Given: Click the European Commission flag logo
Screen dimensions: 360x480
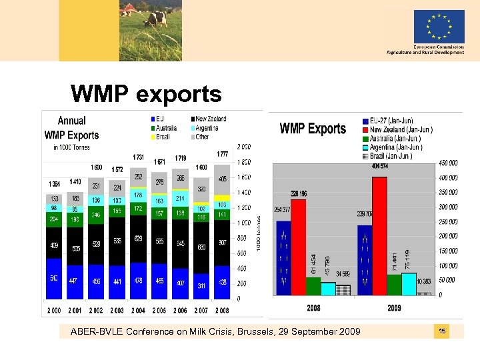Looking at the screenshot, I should (x=438, y=27).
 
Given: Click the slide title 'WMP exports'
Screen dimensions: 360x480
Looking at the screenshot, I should (x=146, y=94).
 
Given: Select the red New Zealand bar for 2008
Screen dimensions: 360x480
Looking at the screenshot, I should (x=298, y=247).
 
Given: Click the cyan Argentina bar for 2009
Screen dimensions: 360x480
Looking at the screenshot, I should (x=409, y=283).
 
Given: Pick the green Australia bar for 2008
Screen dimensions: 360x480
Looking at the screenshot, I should (x=313, y=285).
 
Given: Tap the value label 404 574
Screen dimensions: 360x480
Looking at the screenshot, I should (x=379, y=165).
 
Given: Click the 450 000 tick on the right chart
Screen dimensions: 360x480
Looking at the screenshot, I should (x=448, y=163).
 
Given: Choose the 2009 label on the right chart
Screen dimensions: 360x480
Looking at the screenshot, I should (x=395, y=308).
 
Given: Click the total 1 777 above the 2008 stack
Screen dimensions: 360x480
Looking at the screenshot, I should (x=221, y=155).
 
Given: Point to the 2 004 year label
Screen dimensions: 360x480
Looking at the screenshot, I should (x=138, y=311).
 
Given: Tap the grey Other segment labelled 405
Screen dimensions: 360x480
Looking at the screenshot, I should (x=221, y=179).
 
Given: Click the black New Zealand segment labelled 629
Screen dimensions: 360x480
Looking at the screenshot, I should (x=138, y=239).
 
